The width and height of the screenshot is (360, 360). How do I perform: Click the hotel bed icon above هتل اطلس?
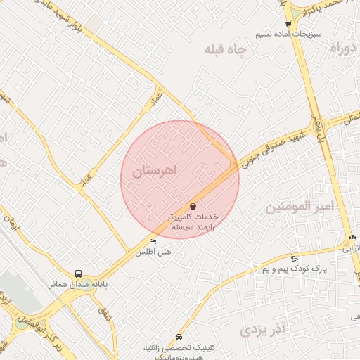point(153,242)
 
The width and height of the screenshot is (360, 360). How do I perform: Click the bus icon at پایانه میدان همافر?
point(78,274)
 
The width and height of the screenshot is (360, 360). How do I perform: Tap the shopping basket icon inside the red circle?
point(193,206)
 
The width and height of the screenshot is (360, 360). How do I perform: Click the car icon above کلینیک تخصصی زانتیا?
point(179,337)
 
